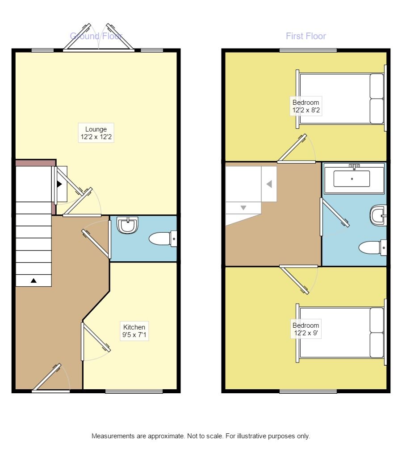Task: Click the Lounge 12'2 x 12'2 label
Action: (x=96, y=133)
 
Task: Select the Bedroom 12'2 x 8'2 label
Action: (x=306, y=106)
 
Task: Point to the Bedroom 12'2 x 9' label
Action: (x=306, y=329)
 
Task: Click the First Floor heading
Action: (x=306, y=36)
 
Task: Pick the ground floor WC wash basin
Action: (x=128, y=225)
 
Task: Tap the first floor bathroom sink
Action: (x=378, y=216)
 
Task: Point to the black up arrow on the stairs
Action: (x=33, y=280)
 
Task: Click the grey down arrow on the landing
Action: (x=243, y=208)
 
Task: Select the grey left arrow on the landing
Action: (x=269, y=184)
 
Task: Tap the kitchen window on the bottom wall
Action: (x=134, y=391)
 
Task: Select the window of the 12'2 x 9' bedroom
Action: (x=308, y=391)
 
